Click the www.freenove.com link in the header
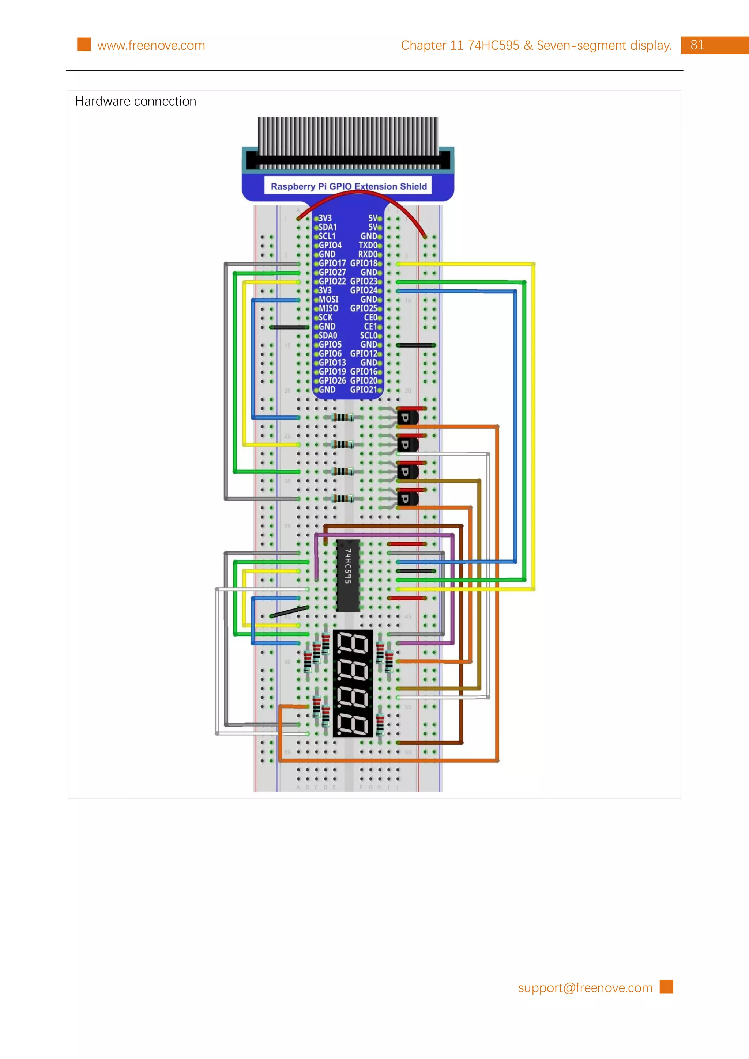pyautogui.click(x=151, y=45)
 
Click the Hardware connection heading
pyautogui.click(x=136, y=101)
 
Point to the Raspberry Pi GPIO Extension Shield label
pyautogui.click(x=349, y=186)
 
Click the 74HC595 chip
pyautogui.click(x=348, y=575)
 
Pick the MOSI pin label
pyautogui.click(x=328, y=299)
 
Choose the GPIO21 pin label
pyautogui.click(x=364, y=390)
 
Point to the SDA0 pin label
pyautogui.click(x=328, y=335)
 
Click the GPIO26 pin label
pyautogui.click(x=332, y=380)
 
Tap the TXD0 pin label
pyautogui.click(x=368, y=245)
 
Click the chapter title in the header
pyautogui.click(x=536, y=45)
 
